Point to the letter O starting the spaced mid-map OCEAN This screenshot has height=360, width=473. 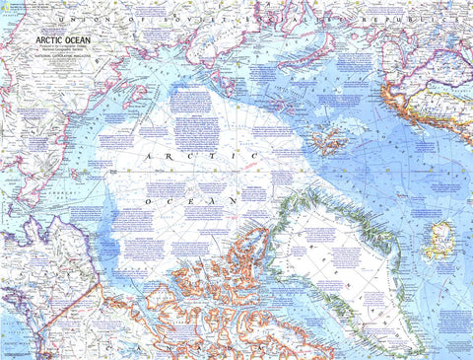click(148, 200)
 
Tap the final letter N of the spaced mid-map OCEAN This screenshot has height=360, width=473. click(232, 200)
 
